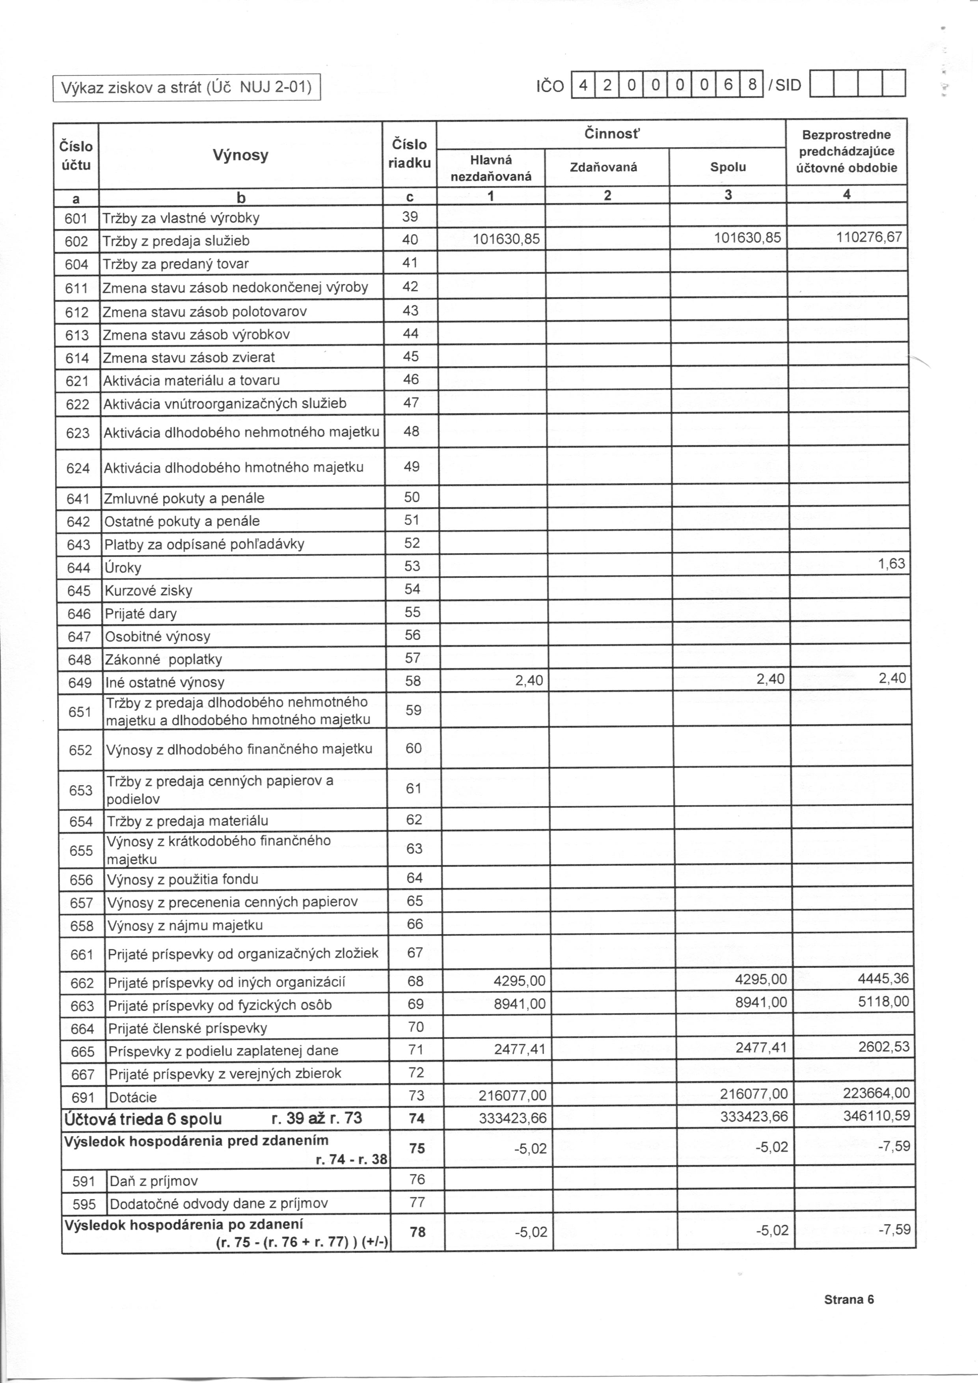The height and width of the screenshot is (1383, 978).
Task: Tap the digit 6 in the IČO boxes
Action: (x=727, y=85)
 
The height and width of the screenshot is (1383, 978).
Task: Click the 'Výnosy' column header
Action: (x=240, y=155)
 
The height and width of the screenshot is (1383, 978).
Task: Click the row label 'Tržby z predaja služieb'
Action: (x=176, y=241)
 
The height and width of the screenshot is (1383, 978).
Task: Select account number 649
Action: (x=80, y=683)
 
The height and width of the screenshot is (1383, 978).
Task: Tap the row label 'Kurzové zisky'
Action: (x=148, y=591)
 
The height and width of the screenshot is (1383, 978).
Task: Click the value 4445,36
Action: (x=883, y=978)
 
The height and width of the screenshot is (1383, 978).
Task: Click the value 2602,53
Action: (x=883, y=1046)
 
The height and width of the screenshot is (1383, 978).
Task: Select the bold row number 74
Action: (x=417, y=1118)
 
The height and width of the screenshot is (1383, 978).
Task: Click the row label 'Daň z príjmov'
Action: (x=154, y=1181)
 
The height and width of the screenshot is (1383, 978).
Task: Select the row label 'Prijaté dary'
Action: (x=141, y=614)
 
